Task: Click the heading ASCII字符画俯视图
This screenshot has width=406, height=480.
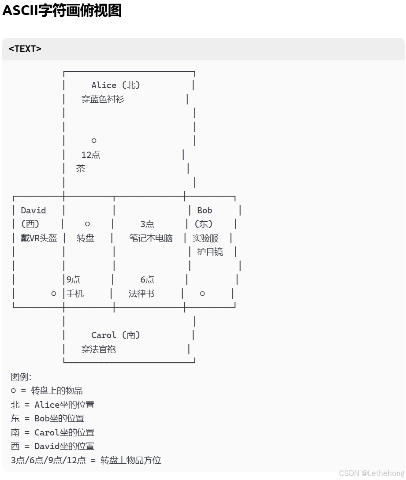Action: (x=62, y=10)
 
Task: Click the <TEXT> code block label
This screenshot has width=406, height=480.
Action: (x=25, y=49)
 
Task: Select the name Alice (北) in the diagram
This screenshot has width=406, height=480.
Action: (x=115, y=85)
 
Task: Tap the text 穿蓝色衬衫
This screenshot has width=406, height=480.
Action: (x=103, y=99)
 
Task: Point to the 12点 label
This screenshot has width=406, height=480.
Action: (x=91, y=155)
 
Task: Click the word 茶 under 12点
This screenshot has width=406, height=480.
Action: (x=80, y=168)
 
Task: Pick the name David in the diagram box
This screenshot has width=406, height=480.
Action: (x=34, y=210)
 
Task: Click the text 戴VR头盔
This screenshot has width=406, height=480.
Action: (x=39, y=238)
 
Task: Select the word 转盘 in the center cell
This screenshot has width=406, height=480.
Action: (x=86, y=238)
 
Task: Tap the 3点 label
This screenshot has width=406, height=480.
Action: (x=147, y=224)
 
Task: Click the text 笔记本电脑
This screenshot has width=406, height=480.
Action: (x=151, y=238)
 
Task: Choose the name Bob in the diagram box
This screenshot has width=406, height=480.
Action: (x=205, y=210)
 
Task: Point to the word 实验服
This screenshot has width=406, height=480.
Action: (x=205, y=238)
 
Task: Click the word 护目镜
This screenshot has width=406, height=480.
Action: (x=210, y=252)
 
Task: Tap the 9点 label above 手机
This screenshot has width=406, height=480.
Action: (x=73, y=279)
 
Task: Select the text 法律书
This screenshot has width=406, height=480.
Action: (x=142, y=294)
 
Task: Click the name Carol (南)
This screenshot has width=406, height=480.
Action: (x=115, y=335)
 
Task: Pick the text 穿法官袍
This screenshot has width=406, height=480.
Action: (x=98, y=349)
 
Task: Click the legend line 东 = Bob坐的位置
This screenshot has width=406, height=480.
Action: (x=48, y=418)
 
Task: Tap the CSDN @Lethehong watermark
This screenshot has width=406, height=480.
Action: (x=371, y=473)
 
